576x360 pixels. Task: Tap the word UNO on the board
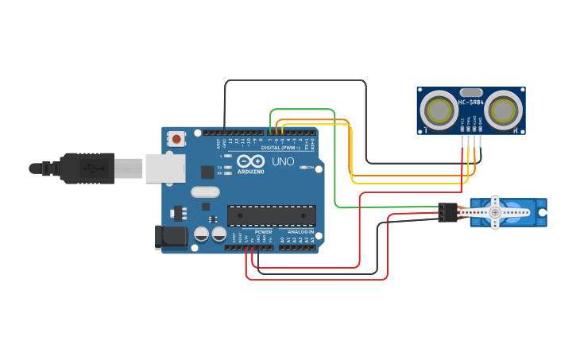[284, 161]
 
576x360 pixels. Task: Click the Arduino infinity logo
[250, 161]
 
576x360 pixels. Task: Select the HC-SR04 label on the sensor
[470, 102]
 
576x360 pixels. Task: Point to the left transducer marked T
[437, 109]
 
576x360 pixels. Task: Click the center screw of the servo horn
[495, 212]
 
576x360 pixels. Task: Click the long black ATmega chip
[271, 215]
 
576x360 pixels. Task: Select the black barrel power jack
[170, 237]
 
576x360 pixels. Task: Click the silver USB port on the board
[166, 168]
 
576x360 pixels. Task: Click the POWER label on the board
[263, 232]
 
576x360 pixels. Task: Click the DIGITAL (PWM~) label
[265, 148]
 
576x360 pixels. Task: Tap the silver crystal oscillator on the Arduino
[204, 192]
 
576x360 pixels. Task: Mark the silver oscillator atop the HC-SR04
[470, 91]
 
